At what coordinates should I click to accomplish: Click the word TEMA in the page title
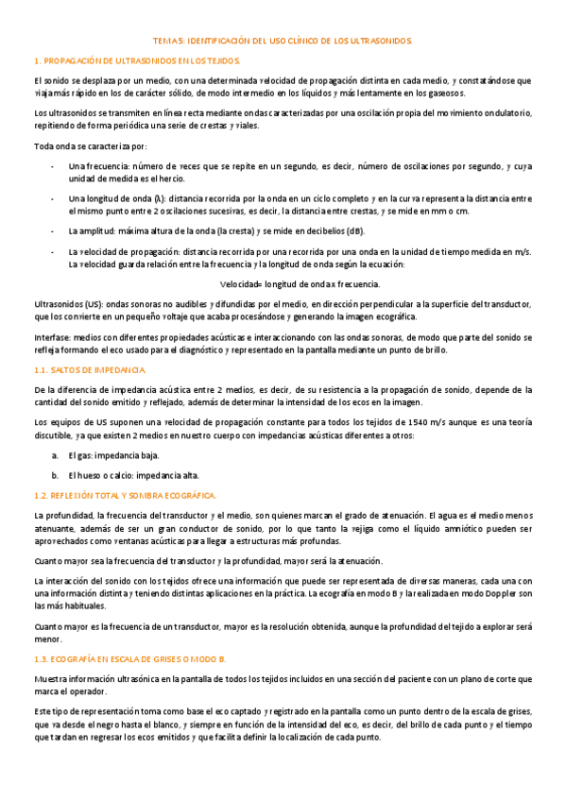tap(166, 42)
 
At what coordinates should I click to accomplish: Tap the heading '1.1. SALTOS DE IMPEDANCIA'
tap(89, 369)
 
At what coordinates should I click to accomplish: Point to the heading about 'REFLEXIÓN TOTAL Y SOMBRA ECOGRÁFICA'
tap(133, 495)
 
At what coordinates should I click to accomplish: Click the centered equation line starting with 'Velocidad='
tap(300, 283)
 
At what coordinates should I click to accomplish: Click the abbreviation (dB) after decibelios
tap(353, 231)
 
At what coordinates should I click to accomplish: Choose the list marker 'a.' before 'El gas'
tap(55, 455)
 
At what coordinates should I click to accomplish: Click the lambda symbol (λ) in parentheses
tap(145, 198)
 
